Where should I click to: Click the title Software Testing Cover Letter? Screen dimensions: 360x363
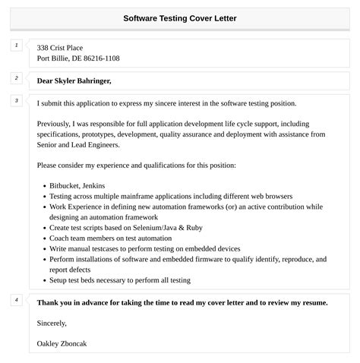[179, 17]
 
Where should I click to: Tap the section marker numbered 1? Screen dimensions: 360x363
[16, 46]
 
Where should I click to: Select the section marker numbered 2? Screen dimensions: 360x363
[16, 77]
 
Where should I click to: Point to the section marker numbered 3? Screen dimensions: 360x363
[16, 100]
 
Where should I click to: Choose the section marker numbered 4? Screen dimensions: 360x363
[16, 300]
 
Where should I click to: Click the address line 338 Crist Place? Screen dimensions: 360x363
[65, 48]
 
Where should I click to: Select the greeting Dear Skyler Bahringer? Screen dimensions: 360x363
[74, 80]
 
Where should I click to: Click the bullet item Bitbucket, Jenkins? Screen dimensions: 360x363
[77, 185]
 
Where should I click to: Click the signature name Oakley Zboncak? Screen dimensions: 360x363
[62, 343]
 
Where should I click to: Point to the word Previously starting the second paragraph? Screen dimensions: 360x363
[57, 123]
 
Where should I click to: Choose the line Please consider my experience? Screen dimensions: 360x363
[137, 164]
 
